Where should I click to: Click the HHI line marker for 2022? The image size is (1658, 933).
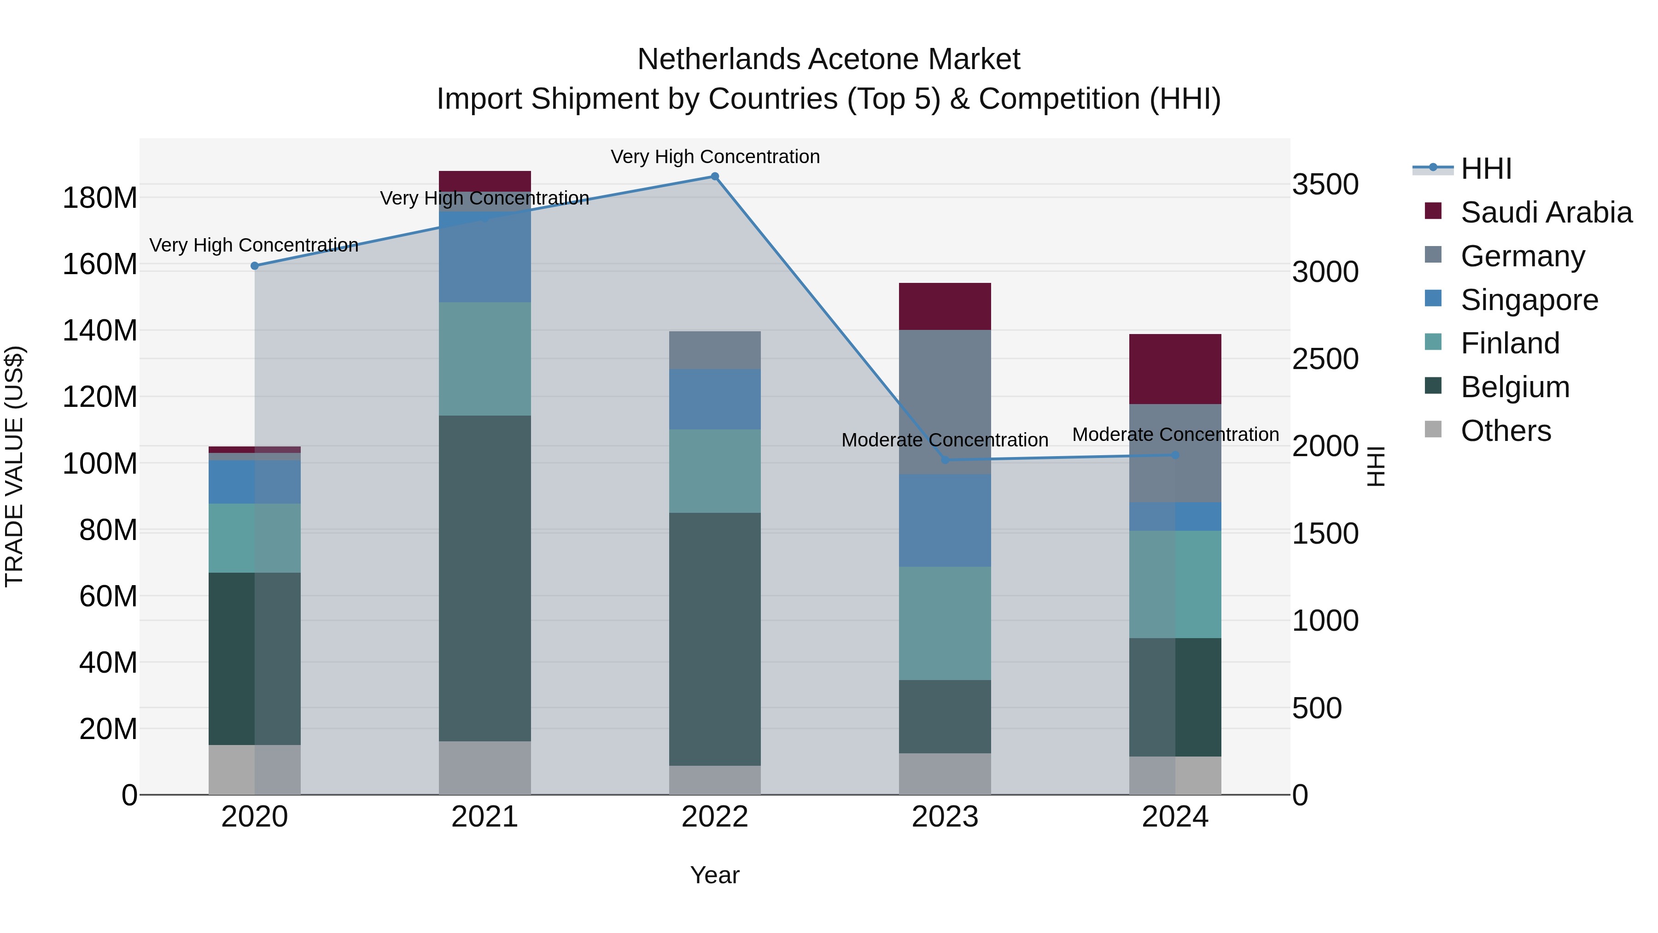click(x=714, y=176)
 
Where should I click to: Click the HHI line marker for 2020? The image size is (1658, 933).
click(x=254, y=266)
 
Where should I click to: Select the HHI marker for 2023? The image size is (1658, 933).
click(x=945, y=460)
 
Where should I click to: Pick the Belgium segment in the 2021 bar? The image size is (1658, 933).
click(x=485, y=578)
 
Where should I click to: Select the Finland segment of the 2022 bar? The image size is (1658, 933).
click(x=714, y=471)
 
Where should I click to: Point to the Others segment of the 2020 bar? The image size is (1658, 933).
click(x=254, y=769)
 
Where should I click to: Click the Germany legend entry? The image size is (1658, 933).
click(x=1522, y=256)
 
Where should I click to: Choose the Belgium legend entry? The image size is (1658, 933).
click(x=1514, y=387)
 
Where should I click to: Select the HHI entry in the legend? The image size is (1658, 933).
click(x=1485, y=169)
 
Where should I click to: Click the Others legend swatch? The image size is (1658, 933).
click(x=1433, y=429)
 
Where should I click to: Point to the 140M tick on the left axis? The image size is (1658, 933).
click(x=100, y=330)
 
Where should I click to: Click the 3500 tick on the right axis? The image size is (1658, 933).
click(x=1325, y=185)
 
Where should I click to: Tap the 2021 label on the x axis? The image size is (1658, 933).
click(x=485, y=817)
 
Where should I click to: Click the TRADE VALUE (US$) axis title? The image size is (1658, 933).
click(x=14, y=466)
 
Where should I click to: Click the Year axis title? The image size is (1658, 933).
click(x=714, y=875)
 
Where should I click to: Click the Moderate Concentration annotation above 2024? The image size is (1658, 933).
click(x=1175, y=434)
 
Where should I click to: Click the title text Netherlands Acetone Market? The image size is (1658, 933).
click(x=829, y=59)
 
